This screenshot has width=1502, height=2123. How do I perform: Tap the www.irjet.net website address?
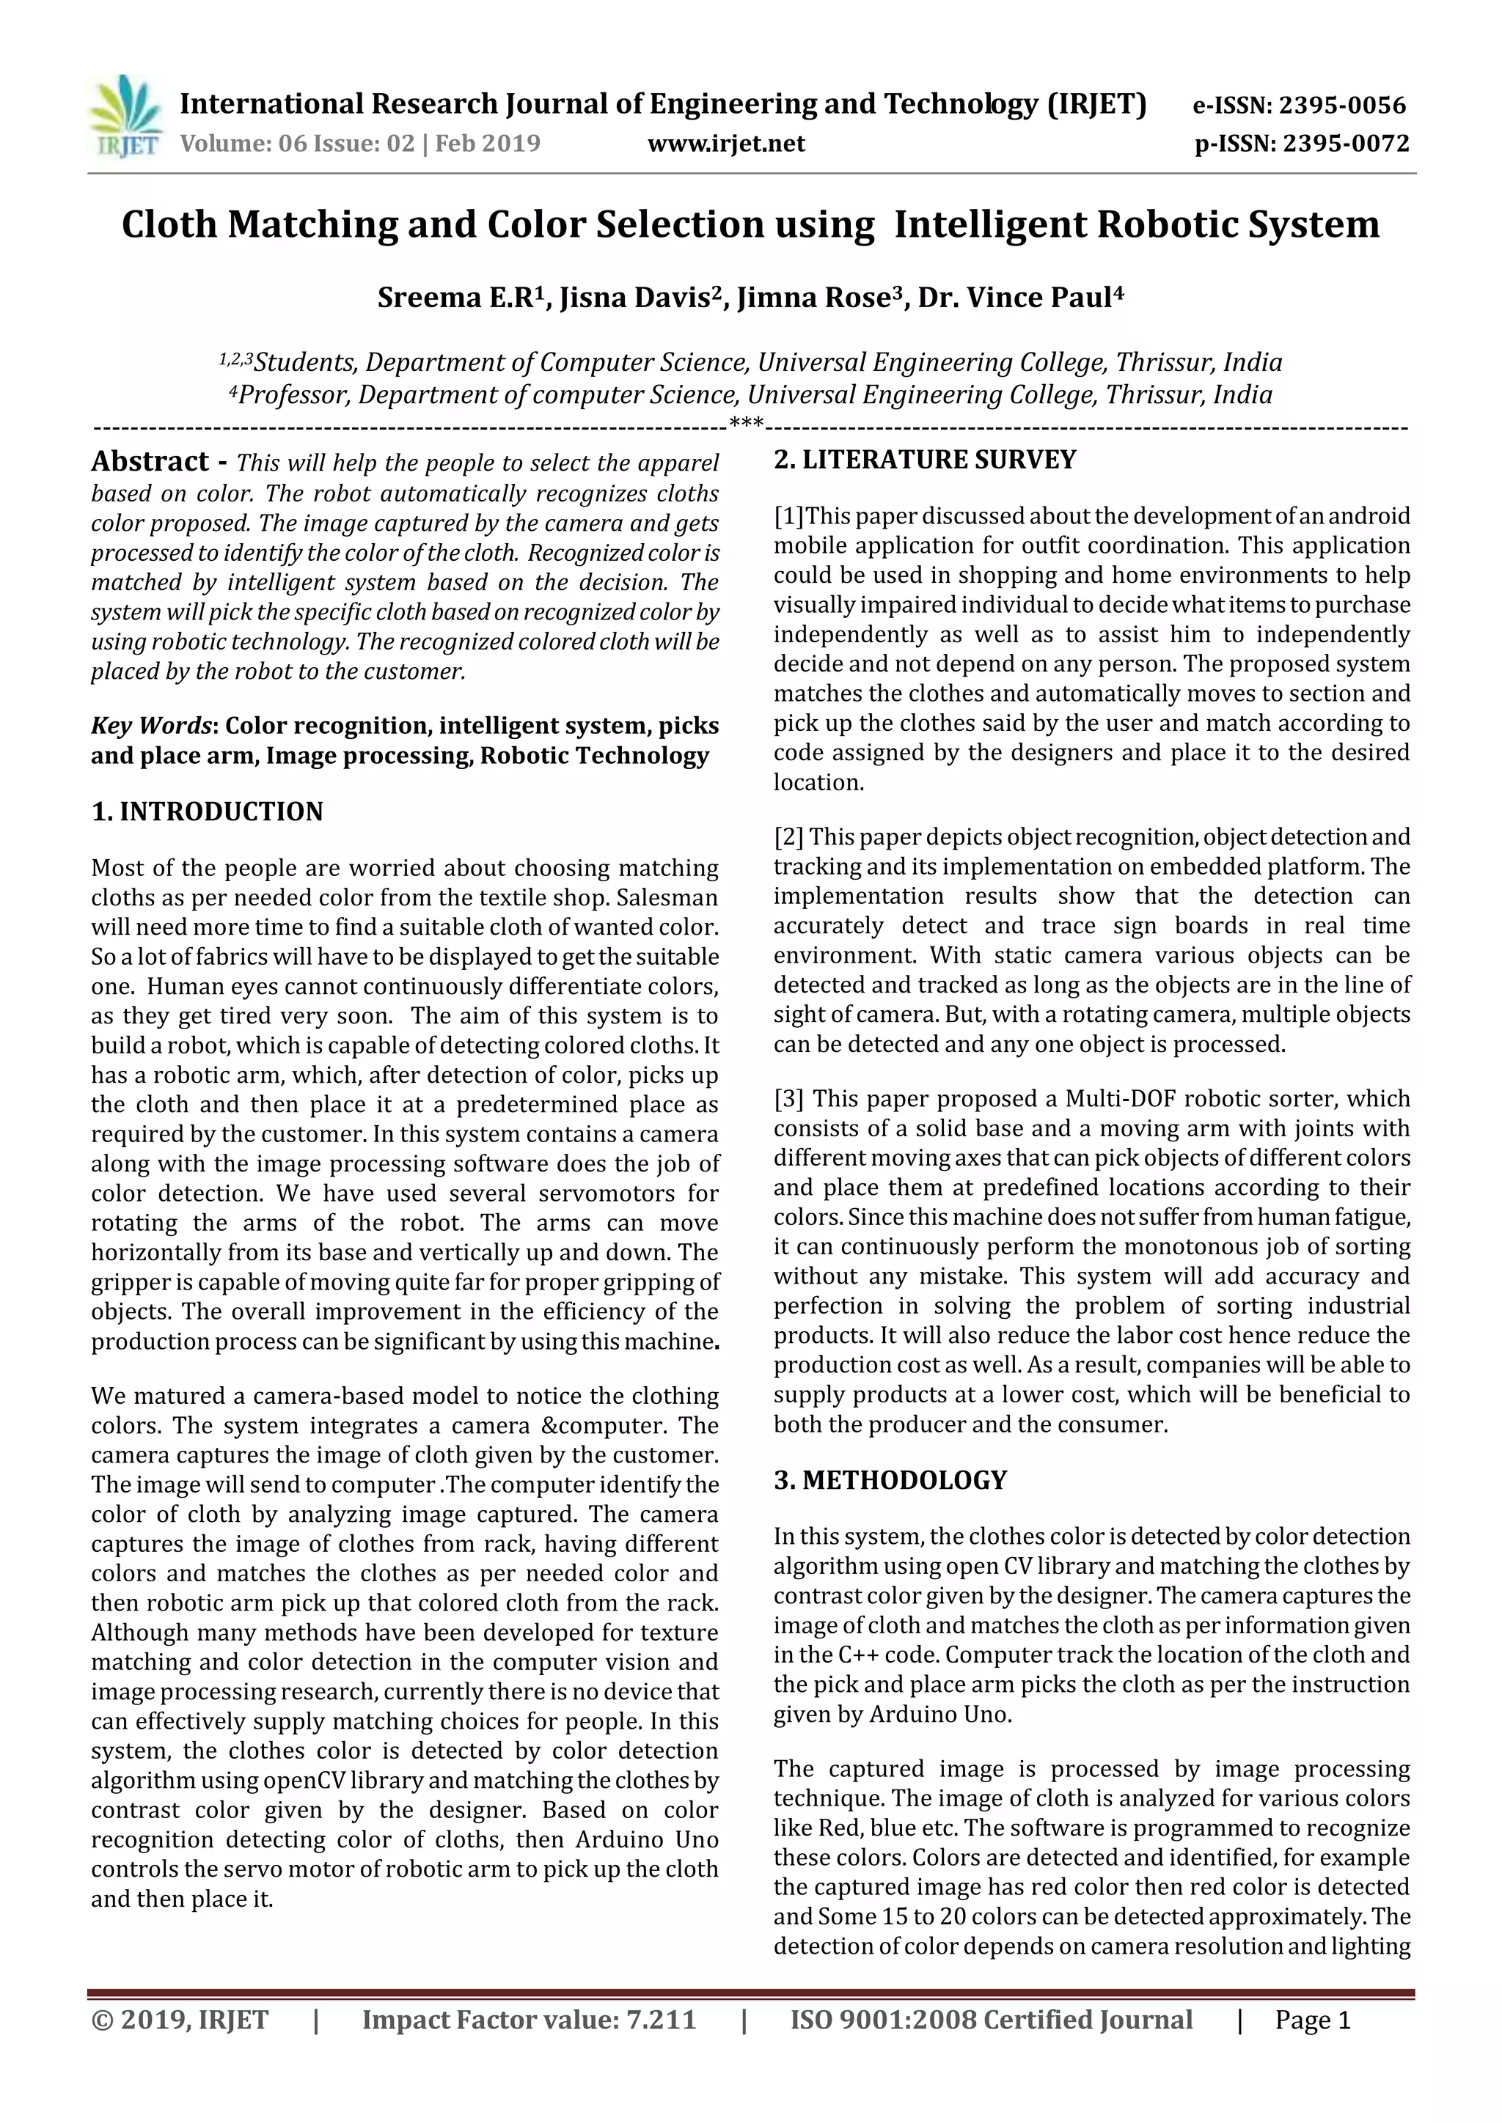click(726, 144)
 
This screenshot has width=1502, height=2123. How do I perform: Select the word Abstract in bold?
click(150, 461)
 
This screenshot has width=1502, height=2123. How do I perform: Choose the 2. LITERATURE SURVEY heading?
click(925, 460)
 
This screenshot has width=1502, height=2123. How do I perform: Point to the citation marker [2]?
click(789, 838)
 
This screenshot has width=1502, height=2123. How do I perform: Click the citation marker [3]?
click(789, 1100)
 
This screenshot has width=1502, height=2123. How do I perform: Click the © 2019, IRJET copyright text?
click(180, 2020)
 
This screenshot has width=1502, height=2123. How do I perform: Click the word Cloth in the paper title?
click(169, 225)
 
